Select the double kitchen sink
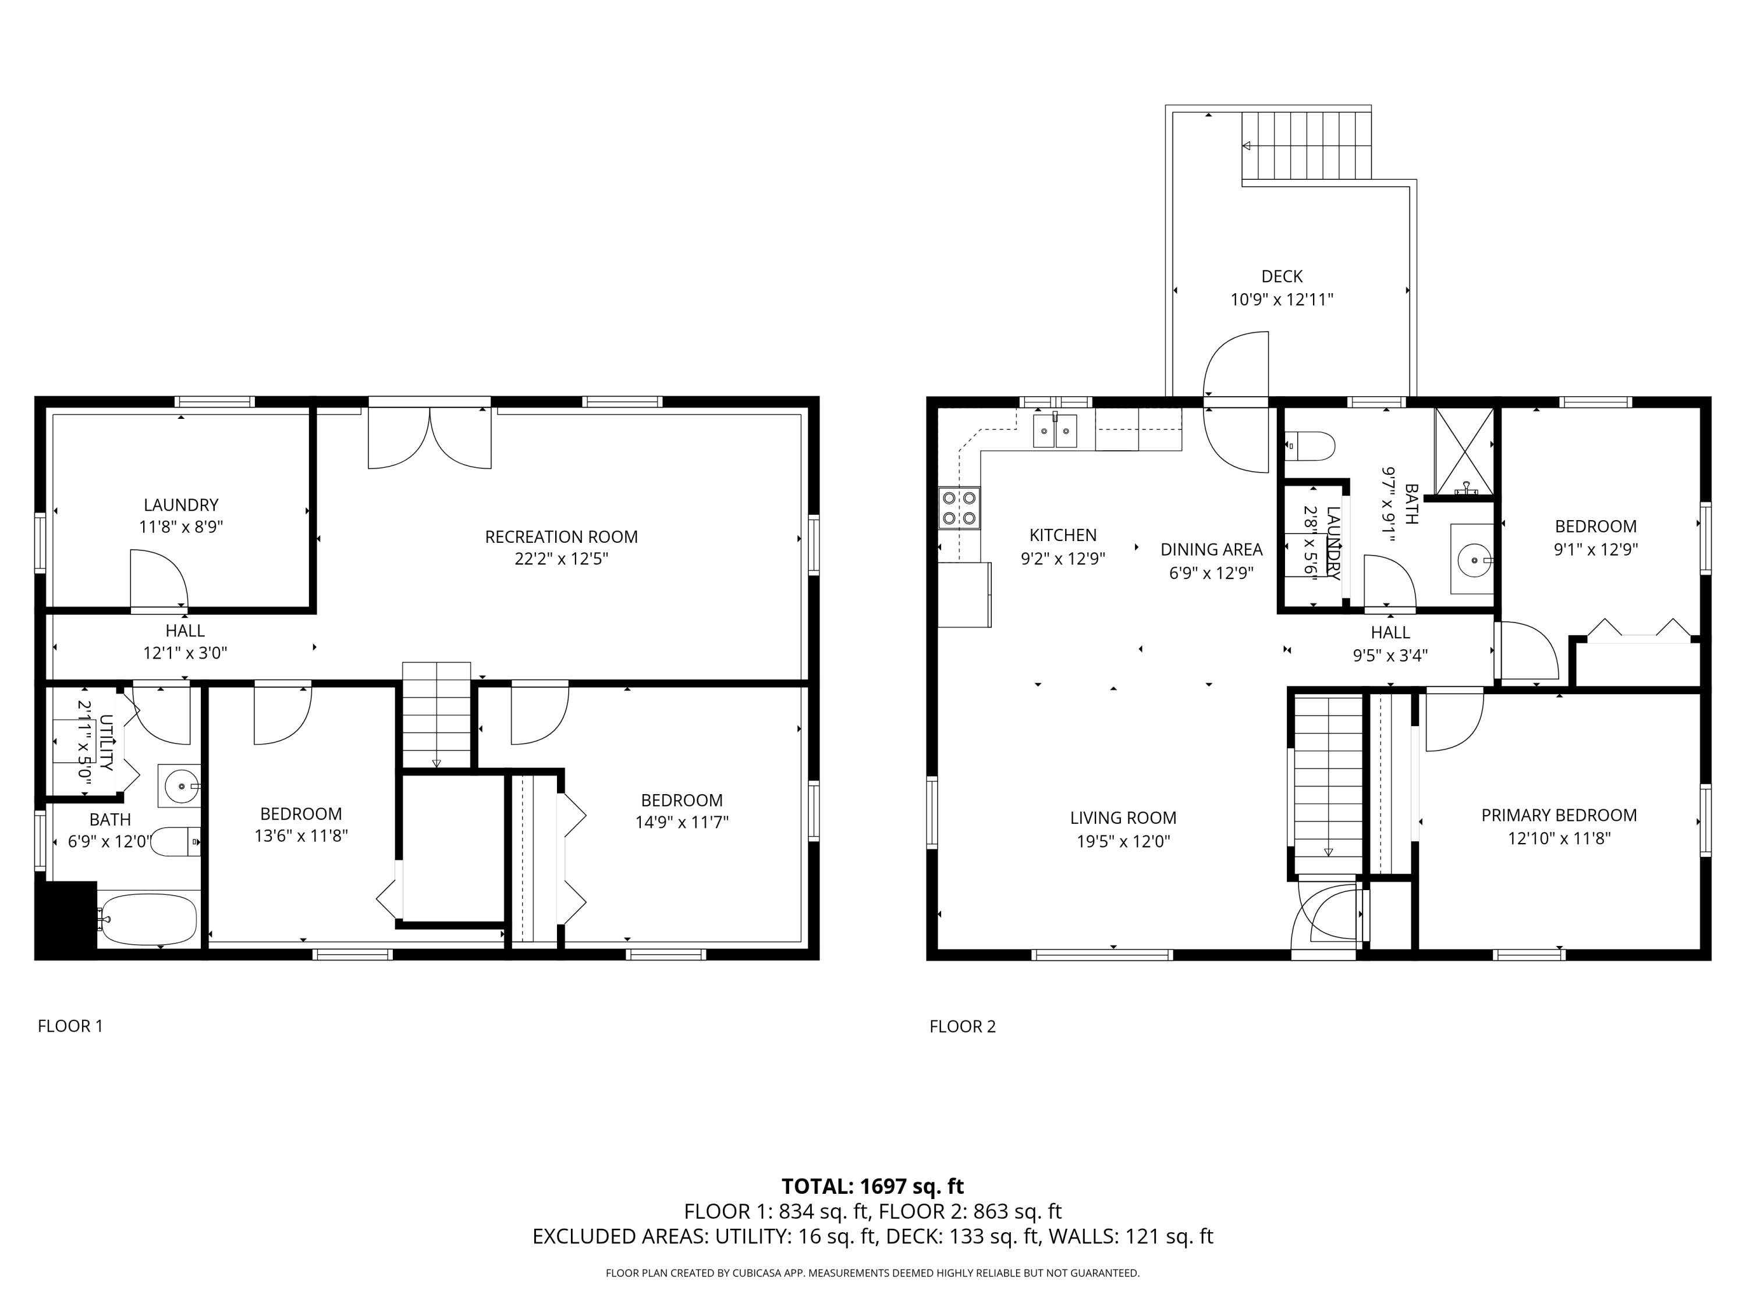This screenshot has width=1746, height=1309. point(1055,431)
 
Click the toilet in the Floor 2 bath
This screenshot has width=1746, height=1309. point(1310,446)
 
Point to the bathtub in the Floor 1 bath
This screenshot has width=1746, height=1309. point(148,919)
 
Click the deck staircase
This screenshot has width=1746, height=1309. point(1307,145)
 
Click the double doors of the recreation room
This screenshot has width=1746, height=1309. point(430,438)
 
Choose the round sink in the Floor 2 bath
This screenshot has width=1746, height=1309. point(1474,560)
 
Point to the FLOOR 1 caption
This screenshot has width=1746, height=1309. point(70,1026)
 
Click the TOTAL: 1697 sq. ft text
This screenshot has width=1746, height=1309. point(872,1186)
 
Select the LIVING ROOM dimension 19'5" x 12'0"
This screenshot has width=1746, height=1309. point(1123,841)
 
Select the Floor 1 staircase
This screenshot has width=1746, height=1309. point(436,714)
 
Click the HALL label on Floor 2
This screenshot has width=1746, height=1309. point(1389,632)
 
